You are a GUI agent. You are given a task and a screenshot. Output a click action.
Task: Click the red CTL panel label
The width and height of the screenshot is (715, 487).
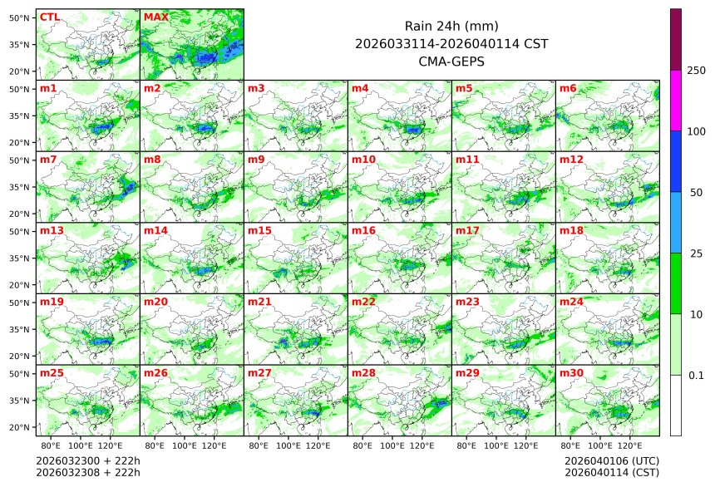tap(49, 17)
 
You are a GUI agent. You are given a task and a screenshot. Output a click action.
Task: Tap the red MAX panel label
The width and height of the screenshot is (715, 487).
tap(155, 17)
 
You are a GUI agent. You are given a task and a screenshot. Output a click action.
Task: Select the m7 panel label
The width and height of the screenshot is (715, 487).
tap(48, 160)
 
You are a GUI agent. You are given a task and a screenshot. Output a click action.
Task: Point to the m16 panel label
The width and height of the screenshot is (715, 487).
tap(363, 231)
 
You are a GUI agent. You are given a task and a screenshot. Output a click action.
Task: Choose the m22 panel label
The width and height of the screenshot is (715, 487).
tap(363, 303)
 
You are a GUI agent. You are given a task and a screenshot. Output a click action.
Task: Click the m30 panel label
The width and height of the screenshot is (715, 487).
tap(571, 374)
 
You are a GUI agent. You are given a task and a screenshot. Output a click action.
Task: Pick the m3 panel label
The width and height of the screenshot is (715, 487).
tap(256, 88)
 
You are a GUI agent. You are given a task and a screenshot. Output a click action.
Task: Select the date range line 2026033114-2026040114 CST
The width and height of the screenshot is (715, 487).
tap(451, 44)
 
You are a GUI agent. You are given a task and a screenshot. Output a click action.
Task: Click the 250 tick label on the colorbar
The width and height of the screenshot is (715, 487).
tap(696, 71)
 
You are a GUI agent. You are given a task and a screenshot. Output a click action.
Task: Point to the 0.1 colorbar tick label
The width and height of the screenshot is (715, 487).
tap(696, 376)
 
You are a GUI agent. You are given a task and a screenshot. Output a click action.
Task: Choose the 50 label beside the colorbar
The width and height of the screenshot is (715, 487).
tap(696, 193)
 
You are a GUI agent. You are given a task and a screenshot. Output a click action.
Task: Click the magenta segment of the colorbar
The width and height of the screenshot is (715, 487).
tap(676, 100)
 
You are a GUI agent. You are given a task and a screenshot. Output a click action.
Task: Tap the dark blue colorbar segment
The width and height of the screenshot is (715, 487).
tap(676, 161)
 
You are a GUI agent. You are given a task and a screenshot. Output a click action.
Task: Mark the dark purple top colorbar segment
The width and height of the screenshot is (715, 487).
tap(676, 39)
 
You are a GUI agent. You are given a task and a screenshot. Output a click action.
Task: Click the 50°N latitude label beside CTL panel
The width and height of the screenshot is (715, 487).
tap(19, 17)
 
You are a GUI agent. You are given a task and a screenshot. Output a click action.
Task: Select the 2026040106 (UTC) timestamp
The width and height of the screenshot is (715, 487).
tap(611, 460)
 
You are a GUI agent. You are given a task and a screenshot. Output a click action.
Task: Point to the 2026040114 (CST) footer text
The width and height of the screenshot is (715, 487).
tap(611, 473)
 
